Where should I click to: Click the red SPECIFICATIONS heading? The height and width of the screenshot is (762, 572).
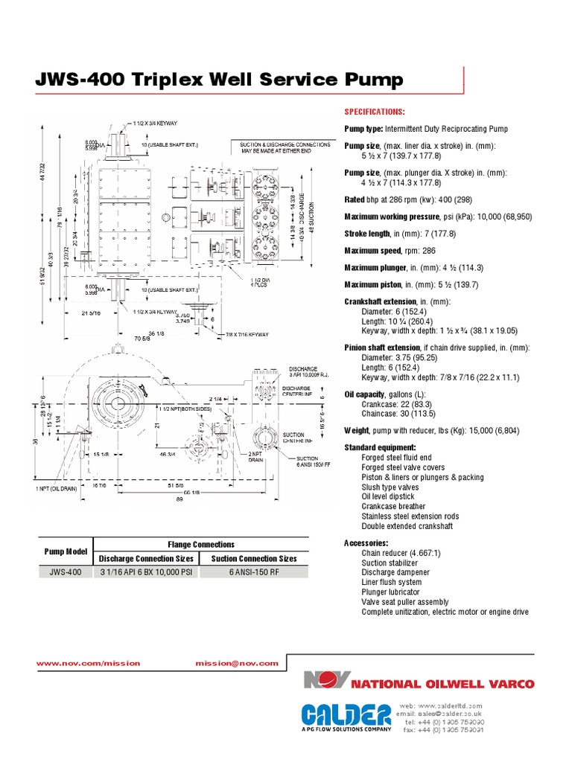tap(374, 112)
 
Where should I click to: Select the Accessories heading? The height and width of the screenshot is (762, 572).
tap(366, 543)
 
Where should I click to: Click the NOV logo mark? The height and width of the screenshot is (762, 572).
tap(325, 681)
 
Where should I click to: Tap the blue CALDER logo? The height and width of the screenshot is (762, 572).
tap(346, 715)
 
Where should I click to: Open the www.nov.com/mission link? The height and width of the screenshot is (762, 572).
tap(88, 663)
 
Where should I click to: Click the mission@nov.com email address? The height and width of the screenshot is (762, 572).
tap(237, 663)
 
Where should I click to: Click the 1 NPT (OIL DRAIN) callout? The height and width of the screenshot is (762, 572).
tap(58, 489)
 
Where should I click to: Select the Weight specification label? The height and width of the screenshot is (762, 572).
tap(357, 430)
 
